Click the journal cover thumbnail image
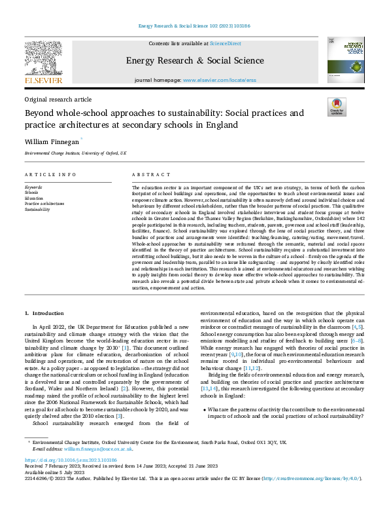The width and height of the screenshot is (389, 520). (x=346, y=60)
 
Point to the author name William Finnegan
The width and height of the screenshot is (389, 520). (x=52, y=140)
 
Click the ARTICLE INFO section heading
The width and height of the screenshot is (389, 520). (x=45, y=175)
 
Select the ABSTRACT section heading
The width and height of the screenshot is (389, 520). (x=146, y=175)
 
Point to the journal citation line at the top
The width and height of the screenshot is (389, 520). (x=194, y=26)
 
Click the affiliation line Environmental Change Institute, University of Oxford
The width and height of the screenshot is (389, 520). (x=75, y=153)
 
